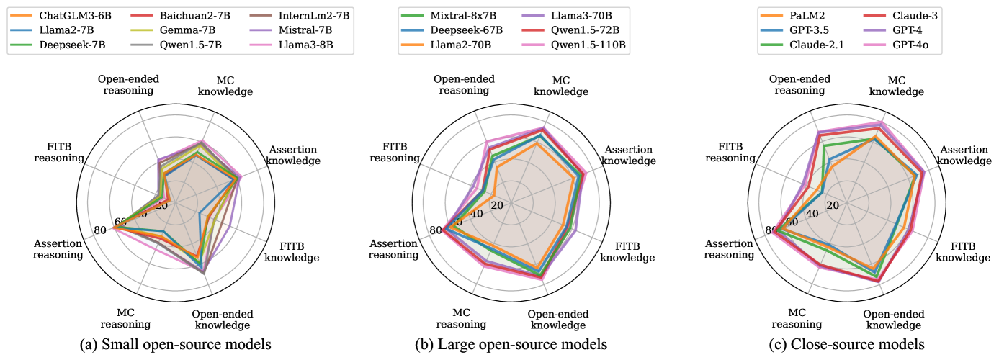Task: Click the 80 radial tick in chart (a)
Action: (x=100, y=230)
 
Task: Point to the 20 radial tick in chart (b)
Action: (x=496, y=205)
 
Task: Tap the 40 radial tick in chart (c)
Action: (x=813, y=214)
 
